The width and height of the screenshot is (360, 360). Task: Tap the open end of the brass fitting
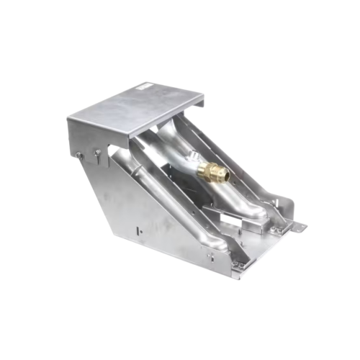[x=222, y=174]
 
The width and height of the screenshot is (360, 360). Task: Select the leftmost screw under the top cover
[x=78, y=153]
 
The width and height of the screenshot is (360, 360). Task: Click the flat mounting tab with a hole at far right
[x=297, y=228]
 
